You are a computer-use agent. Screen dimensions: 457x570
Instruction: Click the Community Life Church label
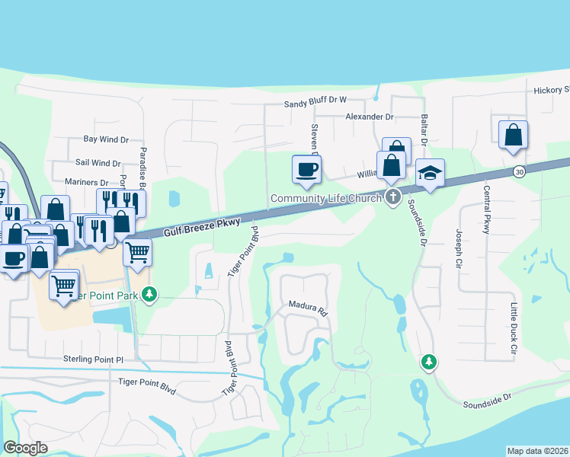[328, 200]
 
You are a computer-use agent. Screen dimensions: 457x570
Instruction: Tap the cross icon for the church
[393, 198]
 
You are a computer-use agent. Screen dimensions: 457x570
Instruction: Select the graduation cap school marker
[430, 174]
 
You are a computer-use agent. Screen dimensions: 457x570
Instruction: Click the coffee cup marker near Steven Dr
[306, 169]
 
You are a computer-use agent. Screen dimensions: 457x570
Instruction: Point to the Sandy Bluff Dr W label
[315, 101]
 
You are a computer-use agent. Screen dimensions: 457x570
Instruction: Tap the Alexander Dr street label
[369, 117]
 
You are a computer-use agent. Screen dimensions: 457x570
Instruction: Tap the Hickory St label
[551, 90]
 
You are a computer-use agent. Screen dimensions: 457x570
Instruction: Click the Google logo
[25, 448]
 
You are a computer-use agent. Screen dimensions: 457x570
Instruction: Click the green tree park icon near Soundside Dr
[430, 363]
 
